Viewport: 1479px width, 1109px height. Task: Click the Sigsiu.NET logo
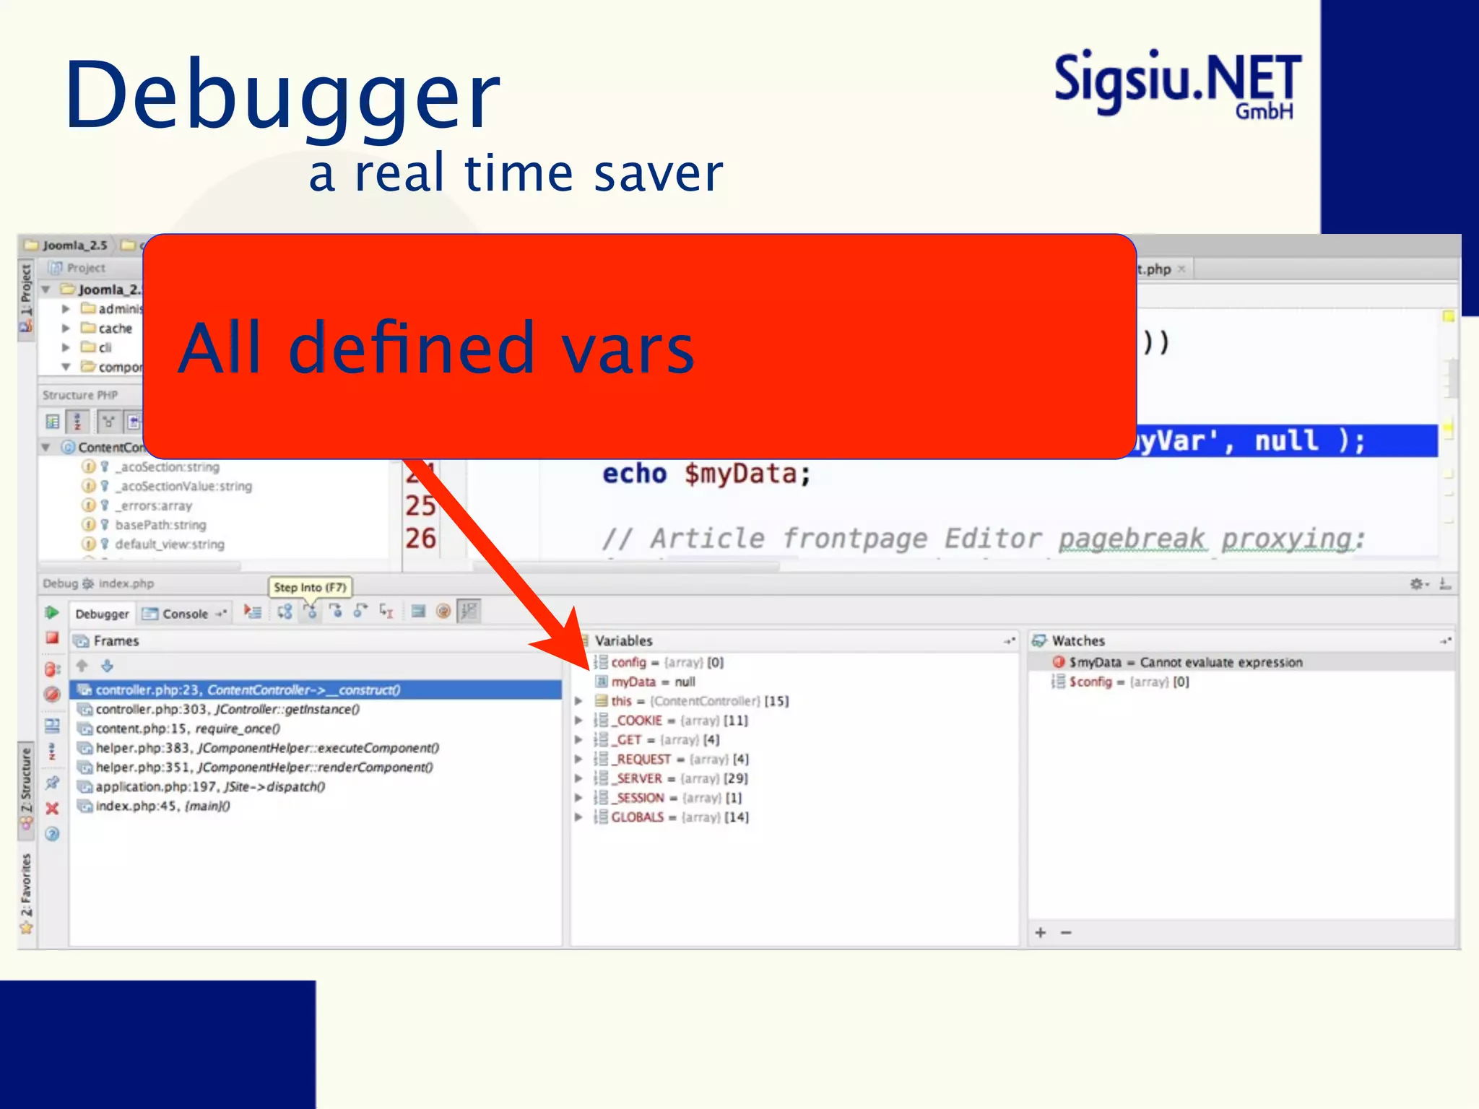point(1177,83)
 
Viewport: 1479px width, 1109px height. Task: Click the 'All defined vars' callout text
point(436,348)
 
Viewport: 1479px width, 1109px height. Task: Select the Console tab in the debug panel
point(185,614)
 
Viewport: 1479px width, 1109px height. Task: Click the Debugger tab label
point(102,614)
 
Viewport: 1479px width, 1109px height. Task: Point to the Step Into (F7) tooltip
point(310,587)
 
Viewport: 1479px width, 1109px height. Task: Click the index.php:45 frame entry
point(162,806)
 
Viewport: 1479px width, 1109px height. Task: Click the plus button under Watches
point(1041,933)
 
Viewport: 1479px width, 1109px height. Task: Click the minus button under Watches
point(1066,933)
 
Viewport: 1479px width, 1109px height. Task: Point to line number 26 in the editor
point(420,539)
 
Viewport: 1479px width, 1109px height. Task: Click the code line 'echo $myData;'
point(706,474)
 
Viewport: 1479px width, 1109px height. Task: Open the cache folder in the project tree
point(115,329)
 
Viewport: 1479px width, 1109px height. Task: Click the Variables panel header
point(623,640)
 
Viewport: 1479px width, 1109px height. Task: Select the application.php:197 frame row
point(210,786)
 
